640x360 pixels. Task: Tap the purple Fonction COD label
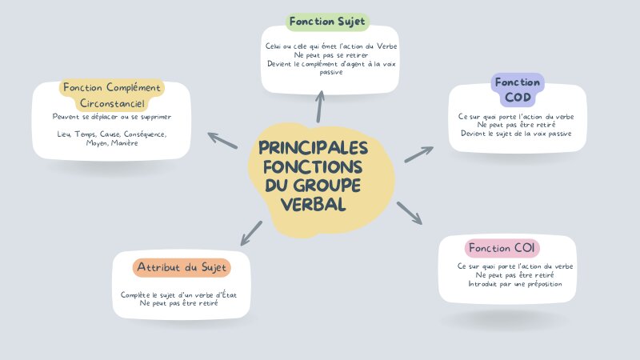coord(517,90)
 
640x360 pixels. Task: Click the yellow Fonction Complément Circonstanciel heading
coord(111,95)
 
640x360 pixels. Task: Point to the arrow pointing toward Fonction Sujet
coord(321,106)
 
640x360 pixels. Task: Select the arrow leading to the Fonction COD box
coord(418,154)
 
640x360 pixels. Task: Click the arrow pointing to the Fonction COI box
coord(409,213)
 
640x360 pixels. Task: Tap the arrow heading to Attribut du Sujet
coord(250,233)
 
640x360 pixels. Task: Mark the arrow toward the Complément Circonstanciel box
coord(222,141)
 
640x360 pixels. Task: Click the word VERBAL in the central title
coord(314,205)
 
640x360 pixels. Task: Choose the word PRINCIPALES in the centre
coord(314,149)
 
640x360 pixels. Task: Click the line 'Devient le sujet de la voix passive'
coord(515,134)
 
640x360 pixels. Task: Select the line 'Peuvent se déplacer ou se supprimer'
coord(111,117)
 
